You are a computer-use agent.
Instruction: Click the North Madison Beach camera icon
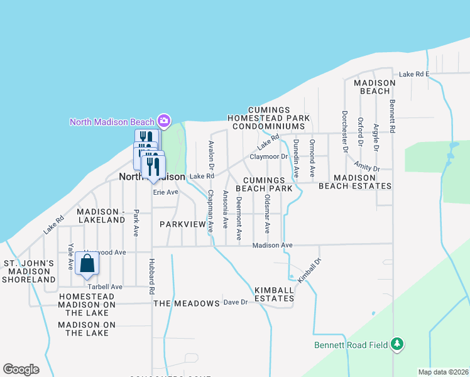coord(164,120)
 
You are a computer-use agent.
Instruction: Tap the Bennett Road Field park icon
coord(396,344)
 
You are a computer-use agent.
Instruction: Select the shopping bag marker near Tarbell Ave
coord(87,264)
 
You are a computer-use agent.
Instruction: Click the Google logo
coord(21,369)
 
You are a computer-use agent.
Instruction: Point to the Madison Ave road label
coord(273,245)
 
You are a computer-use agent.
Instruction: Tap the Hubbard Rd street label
coord(151,276)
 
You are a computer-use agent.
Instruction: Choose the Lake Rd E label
coord(413,74)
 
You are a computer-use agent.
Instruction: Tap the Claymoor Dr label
coord(268,156)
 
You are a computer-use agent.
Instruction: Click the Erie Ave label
coord(167,192)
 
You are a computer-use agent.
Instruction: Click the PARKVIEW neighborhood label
coord(183,224)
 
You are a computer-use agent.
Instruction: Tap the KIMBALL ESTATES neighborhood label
coord(275,294)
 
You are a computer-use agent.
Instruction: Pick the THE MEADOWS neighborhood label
coord(187,303)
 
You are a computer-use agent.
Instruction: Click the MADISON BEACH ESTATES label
coord(354,182)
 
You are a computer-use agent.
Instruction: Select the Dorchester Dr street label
coord(344,132)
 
